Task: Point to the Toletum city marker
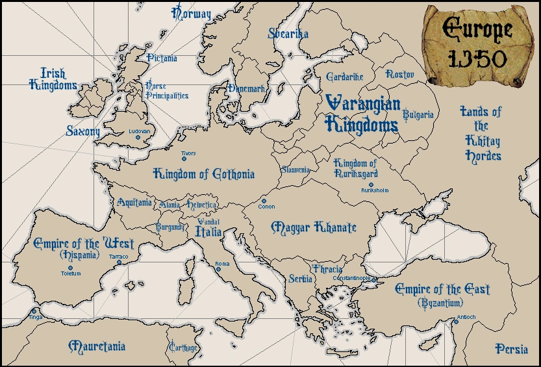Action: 71,267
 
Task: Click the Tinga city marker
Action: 34,311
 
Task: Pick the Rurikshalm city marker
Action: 371,184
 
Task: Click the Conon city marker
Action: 264,201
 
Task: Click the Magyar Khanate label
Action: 314,227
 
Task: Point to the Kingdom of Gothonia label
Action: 203,173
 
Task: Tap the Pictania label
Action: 161,58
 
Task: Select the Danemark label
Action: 245,88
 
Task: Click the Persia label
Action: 511,349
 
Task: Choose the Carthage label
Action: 182,348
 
